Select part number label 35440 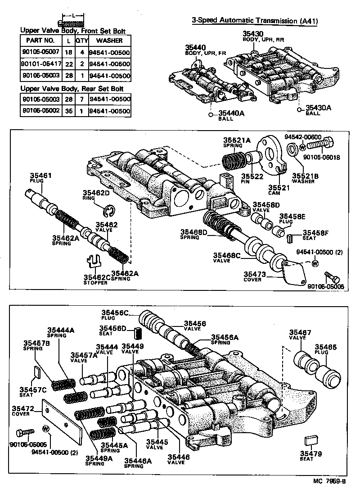pos(195,47)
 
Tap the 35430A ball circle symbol pos(300,109)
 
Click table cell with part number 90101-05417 pos(40,64)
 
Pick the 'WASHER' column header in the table pos(109,40)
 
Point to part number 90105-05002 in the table pos(40,111)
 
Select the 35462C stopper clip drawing pos(93,262)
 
